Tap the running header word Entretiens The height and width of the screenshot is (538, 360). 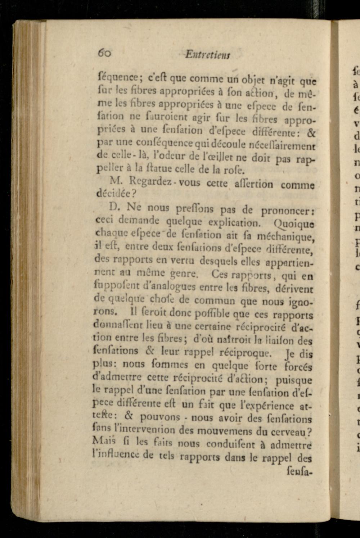208,55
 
